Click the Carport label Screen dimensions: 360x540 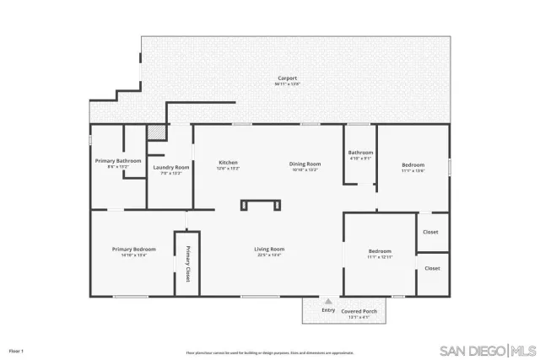tap(288, 79)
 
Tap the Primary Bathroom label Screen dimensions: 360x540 tap(117, 160)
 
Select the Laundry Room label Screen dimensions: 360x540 tap(170, 167)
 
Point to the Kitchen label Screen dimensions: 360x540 tap(228, 163)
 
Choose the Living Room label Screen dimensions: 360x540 tap(269, 249)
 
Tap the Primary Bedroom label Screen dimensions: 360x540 tap(134, 249)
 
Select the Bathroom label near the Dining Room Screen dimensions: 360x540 tap(360, 153)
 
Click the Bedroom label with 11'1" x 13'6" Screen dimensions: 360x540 tap(413, 164)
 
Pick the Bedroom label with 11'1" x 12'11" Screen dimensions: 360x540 tap(380, 251)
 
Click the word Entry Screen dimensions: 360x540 tap(328, 310)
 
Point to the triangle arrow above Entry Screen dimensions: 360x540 tap(328, 301)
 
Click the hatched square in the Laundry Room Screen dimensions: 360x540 tap(155, 132)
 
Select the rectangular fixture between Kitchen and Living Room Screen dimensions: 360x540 tap(258, 204)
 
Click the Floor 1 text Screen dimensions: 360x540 tap(16, 350)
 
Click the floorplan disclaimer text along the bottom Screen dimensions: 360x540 tap(269, 353)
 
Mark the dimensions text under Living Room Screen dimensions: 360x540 tap(269, 255)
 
